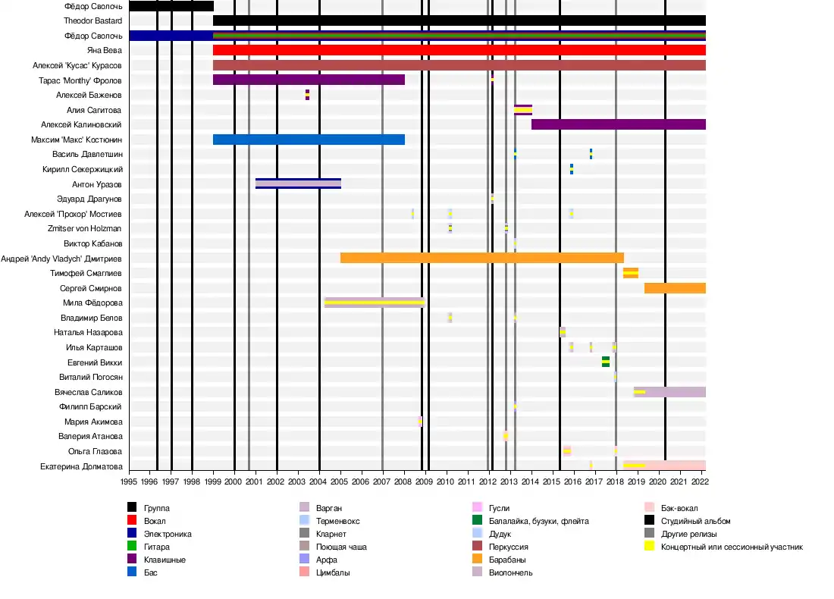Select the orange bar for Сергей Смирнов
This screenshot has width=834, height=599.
[675, 288]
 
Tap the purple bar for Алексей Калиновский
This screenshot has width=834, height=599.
[618, 124]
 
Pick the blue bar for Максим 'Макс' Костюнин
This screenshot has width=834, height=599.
[309, 140]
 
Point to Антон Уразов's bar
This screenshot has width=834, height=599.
[298, 183]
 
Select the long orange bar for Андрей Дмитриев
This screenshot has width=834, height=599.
[481, 258]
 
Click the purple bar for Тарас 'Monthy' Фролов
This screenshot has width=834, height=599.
[309, 80]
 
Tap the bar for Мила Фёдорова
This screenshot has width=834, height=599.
[374, 303]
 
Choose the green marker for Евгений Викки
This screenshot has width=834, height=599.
[606, 362]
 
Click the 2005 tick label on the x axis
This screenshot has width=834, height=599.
[340, 481]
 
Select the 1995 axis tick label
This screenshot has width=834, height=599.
[129, 481]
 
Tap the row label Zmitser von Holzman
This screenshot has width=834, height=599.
[84, 228]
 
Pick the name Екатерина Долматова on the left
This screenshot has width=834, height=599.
[81, 466]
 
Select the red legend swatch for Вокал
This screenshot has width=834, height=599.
[132, 521]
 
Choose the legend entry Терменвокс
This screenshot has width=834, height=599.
[337, 521]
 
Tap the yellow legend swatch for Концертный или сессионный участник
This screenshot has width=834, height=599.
[649, 547]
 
